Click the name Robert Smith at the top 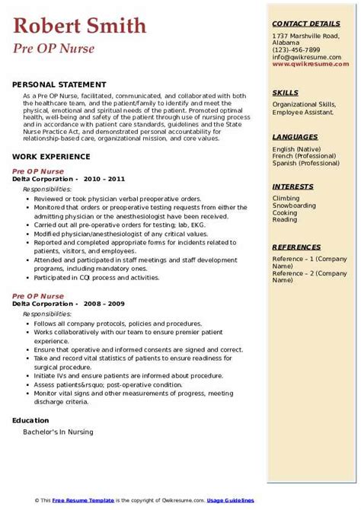click(x=79, y=27)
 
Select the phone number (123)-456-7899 click(x=296, y=49)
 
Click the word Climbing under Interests click(x=286, y=198)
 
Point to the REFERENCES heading click(x=296, y=247)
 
